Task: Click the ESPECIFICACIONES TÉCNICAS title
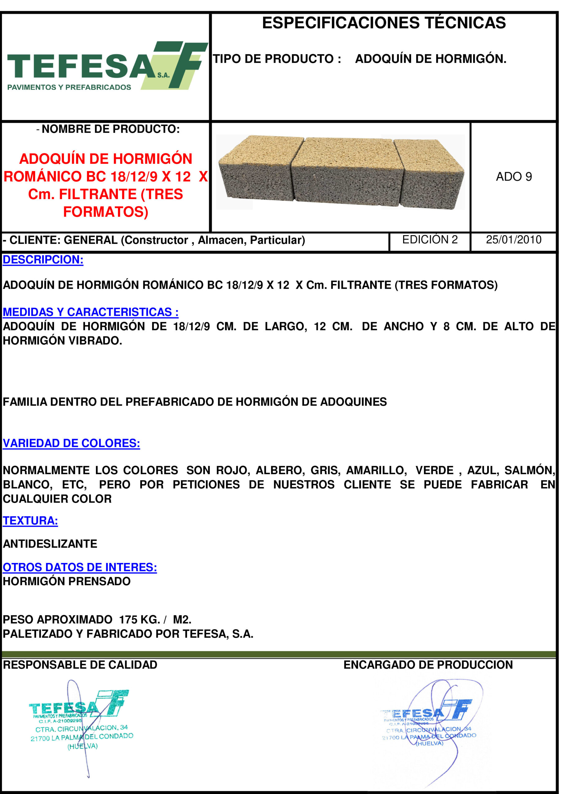(384, 23)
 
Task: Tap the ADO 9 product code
(513, 176)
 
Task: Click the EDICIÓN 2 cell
(429, 240)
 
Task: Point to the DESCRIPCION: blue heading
(43, 260)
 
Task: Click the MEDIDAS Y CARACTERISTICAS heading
(90, 312)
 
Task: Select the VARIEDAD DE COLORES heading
(71, 443)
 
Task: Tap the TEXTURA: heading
(30, 520)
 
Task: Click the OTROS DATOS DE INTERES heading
(80, 567)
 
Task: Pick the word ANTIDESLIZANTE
(50, 544)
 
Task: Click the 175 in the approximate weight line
(129, 619)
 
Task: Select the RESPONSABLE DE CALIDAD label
(80, 664)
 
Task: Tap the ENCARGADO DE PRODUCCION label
(428, 664)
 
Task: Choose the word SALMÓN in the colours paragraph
(529, 470)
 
